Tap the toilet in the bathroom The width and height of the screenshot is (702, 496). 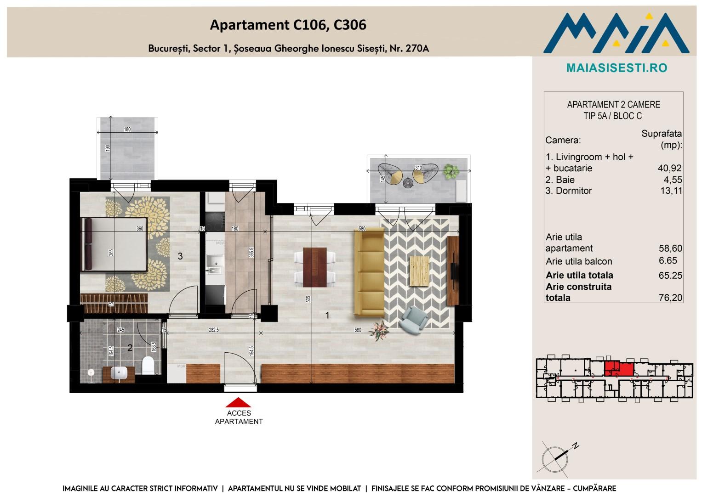148,365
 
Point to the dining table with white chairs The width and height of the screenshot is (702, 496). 314,267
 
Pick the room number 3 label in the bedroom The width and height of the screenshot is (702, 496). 180,256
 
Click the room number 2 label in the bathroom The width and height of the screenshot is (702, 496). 130,348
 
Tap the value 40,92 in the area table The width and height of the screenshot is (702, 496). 669,168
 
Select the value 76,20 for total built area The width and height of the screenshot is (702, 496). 670,298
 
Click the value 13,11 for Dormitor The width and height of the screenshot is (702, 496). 671,191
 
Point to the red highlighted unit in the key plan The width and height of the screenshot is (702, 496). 619,369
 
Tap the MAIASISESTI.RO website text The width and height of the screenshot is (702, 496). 617,68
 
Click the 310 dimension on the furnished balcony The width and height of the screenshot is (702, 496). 418,168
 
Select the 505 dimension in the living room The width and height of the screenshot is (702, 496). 308,299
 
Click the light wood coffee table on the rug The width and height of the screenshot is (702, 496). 419,271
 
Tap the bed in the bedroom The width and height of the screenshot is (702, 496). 114,244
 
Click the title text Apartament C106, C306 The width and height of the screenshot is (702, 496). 288,25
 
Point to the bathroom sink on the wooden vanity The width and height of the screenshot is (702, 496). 119,372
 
